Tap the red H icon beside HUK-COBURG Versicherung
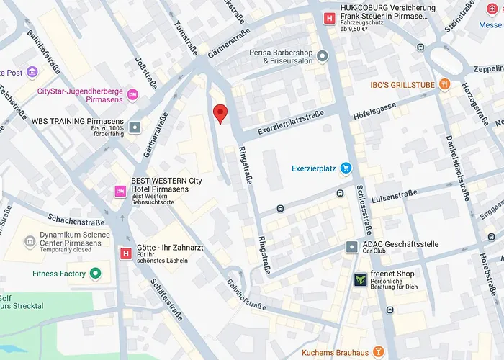click(x=330, y=19)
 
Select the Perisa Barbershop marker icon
click(x=323, y=56)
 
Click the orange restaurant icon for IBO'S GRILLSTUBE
click(x=444, y=84)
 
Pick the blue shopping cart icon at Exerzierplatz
click(x=346, y=168)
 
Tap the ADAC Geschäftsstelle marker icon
click(x=351, y=248)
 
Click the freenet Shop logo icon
click(x=359, y=279)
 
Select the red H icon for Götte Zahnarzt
click(x=126, y=253)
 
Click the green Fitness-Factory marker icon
click(x=94, y=274)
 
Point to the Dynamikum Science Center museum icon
click(x=30, y=240)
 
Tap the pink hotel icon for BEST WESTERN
click(x=120, y=191)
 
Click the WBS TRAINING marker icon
click(x=135, y=127)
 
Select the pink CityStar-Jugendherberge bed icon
click(x=132, y=95)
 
